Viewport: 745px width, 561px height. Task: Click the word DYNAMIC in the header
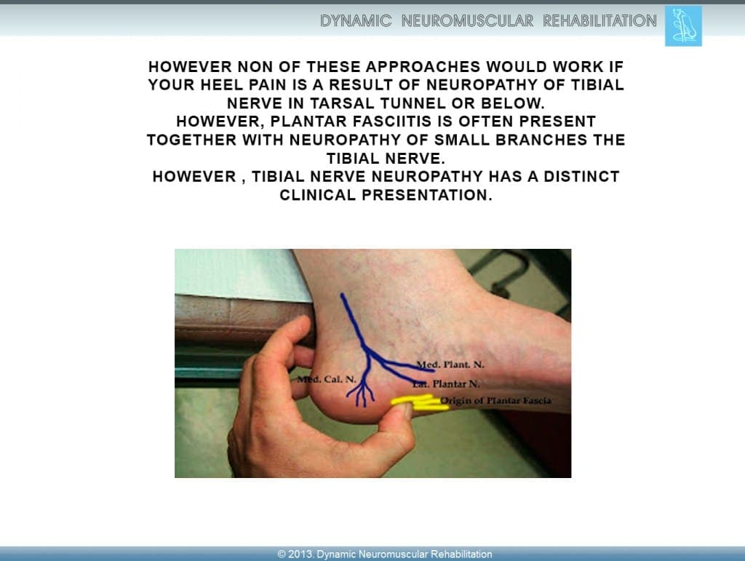[356, 21]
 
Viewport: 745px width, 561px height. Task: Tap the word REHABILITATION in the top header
[599, 21]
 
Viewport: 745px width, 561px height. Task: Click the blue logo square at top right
[683, 25]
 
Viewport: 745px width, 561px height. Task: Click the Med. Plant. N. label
[450, 365]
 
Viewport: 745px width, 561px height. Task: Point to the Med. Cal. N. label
[327, 379]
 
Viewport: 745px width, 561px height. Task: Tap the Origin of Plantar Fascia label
[495, 400]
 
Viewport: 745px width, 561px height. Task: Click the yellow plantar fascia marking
[420, 403]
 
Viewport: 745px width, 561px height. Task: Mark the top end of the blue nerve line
[342, 295]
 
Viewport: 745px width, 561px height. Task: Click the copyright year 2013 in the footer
[300, 554]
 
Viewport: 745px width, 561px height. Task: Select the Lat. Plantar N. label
[447, 383]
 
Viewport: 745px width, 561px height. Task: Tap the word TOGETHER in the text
[192, 140]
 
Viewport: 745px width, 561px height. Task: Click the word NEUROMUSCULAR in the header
[468, 21]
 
